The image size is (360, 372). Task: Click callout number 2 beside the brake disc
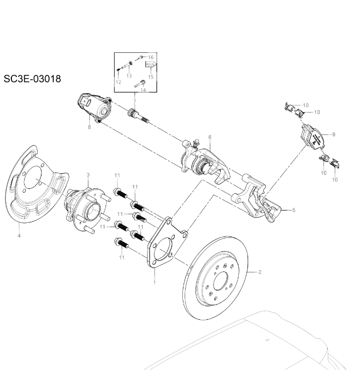(x=260, y=272)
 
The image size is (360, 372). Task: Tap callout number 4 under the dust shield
(x=19, y=236)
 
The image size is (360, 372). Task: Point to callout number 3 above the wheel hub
(x=88, y=175)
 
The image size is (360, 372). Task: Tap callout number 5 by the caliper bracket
(x=294, y=210)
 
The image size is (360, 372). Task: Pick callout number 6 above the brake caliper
(x=209, y=137)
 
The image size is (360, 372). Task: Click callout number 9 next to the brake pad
(x=333, y=134)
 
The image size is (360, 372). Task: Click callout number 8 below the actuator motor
(x=89, y=127)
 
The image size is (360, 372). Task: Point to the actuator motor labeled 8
(x=95, y=107)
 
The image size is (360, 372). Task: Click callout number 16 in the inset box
(x=151, y=57)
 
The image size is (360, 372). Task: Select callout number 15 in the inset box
(x=151, y=77)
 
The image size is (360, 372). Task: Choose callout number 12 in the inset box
(x=118, y=82)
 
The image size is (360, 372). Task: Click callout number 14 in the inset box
(x=143, y=90)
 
